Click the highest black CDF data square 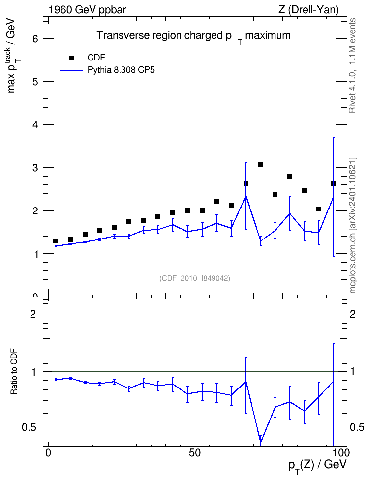pyautogui.click(x=261, y=164)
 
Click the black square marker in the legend pyautogui.click(x=71, y=58)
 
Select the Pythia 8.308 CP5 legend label pyautogui.click(x=121, y=70)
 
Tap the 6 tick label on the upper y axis pyautogui.click(x=36, y=39)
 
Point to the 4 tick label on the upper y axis pyautogui.click(x=36, y=125)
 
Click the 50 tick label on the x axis pyautogui.click(x=195, y=453)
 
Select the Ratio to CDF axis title pyautogui.click(x=14, y=372)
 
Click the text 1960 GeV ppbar pyautogui.click(x=87, y=10)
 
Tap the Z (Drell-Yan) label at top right pyautogui.click(x=308, y=10)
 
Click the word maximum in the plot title pyautogui.click(x=268, y=35)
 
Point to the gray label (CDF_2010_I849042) pyautogui.click(x=195, y=278)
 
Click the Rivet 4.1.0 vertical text pyautogui.click(x=352, y=65)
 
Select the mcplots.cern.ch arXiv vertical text pyautogui.click(x=353, y=226)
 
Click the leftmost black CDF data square pyautogui.click(x=56, y=241)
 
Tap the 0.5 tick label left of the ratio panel pyautogui.click(x=29, y=428)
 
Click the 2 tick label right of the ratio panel pyautogui.click(x=353, y=314)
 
